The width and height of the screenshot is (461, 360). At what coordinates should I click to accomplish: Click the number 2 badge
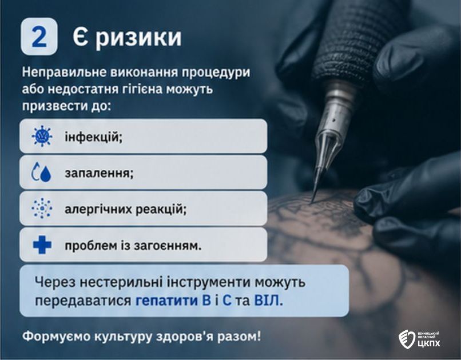click(39, 37)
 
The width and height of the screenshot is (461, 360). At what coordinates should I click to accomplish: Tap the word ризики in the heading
click(138, 38)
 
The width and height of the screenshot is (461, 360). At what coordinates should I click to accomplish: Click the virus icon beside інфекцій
click(42, 136)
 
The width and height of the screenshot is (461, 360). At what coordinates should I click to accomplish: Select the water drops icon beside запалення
click(41, 172)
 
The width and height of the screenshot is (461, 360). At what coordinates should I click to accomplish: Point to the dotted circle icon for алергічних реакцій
click(42, 208)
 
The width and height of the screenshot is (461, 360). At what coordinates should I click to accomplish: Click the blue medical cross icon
click(42, 245)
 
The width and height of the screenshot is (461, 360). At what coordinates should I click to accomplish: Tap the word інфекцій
click(93, 137)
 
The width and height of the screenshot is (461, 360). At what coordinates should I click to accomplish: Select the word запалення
click(99, 173)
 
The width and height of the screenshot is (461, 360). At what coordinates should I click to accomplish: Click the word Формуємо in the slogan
click(57, 336)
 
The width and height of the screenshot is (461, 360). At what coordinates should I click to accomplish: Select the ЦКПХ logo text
click(429, 343)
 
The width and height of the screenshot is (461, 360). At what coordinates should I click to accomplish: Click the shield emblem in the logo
click(407, 339)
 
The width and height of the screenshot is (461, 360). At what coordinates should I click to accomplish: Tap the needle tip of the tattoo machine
click(312, 202)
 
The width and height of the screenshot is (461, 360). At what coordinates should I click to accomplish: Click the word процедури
click(216, 73)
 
